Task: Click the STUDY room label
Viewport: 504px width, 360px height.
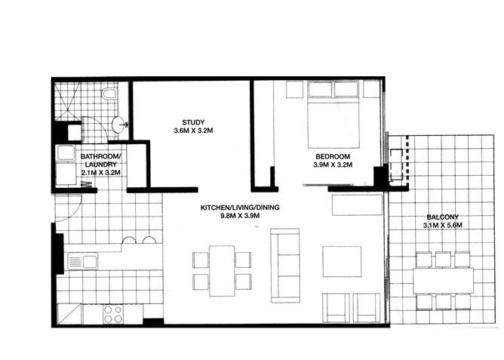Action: pyautogui.click(x=193, y=122)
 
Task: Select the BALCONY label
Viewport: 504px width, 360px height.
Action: pyautogui.click(x=441, y=217)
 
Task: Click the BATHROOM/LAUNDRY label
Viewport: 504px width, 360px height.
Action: pyautogui.click(x=100, y=162)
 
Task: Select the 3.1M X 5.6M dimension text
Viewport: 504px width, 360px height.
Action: pyautogui.click(x=441, y=226)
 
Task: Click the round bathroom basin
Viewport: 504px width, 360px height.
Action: pyautogui.click(x=118, y=125)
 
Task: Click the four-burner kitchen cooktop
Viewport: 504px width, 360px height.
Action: pyautogui.click(x=113, y=314)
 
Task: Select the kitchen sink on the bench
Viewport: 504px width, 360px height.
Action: pyautogui.click(x=81, y=262)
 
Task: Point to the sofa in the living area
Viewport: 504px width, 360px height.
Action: pyautogui.click(x=286, y=264)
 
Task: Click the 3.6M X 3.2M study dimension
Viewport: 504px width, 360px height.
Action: pyautogui.click(x=193, y=131)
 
